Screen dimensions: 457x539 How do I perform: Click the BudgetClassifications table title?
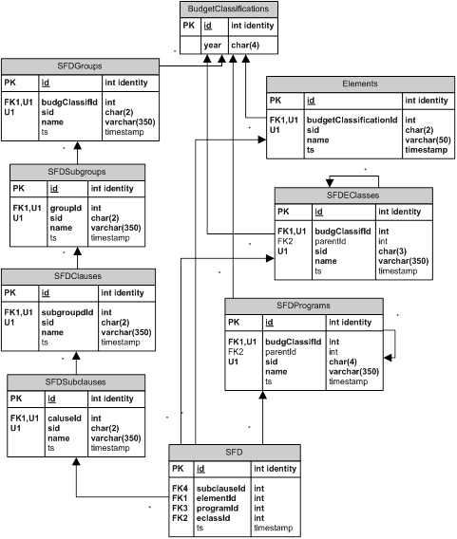pyautogui.click(x=228, y=9)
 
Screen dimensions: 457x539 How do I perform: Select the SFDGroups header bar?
pyautogui.click(x=80, y=66)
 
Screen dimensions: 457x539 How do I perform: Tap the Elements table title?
pyautogui.click(x=360, y=84)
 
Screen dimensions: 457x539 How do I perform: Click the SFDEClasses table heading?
pyautogui.click(x=353, y=195)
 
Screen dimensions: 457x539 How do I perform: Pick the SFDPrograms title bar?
pyautogui.click(x=304, y=306)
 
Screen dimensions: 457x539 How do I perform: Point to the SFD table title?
pyautogui.click(x=235, y=452)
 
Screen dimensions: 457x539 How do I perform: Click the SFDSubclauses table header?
pyautogui.click(x=76, y=381)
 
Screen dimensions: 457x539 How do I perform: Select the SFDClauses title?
pyautogui.click(x=78, y=276)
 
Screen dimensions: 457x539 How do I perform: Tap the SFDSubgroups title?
pyautogui.click(x=77, y=172)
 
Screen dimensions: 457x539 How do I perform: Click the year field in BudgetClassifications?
pyautogui.click(x=212, y=46)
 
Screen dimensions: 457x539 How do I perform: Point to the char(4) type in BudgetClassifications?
pyautogui.click(x=245, y=46)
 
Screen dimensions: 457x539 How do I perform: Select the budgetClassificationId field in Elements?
pyautogui.click(x=352, y=120)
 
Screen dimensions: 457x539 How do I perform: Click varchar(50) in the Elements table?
pyautogui.click(x=428, y=139)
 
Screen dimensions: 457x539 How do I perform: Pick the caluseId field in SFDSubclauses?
pyautogui.click(x=65, y=418)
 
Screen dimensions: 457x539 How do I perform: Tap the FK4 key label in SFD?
pyautogui.click(x=180, y=489)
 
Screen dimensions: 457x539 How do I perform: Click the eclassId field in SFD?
pyautogui.click(x=213, y=518)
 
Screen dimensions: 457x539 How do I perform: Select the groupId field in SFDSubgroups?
pyautogui.click(x=66, y=209)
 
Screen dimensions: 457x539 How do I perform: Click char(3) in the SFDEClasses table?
pyautogui.click(x=392, y=251)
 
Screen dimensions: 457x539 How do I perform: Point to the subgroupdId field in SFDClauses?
pyautogui.click(x=67, y=312)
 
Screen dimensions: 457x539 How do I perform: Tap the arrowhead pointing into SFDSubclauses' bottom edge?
pyautogui.click(x=76, y=461)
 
